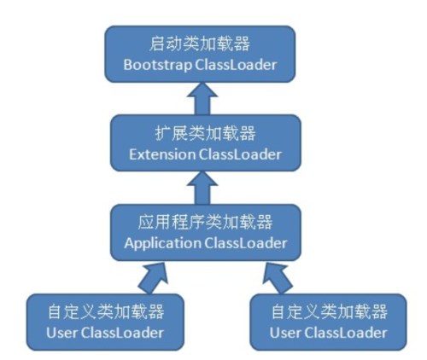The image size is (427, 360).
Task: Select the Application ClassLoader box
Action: (x=205, y=232)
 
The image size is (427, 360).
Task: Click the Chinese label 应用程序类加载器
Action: (x=205, y=223)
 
